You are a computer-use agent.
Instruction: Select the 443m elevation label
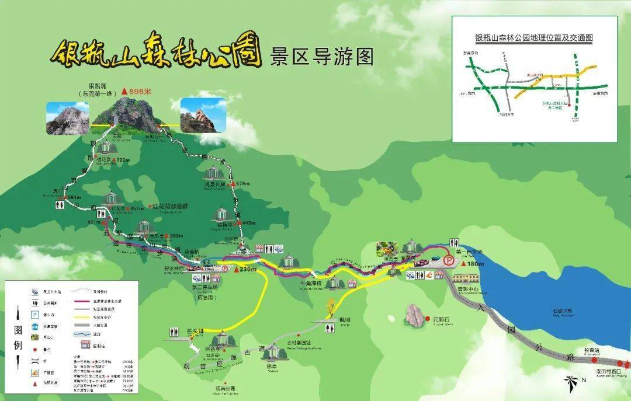tap(248, 223)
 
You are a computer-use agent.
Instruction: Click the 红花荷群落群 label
tap(171, 207)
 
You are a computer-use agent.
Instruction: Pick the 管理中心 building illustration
tap(466, 278)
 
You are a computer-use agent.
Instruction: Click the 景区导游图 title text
tap(321, 57)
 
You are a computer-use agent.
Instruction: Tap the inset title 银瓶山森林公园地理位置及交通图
tap(534, 37)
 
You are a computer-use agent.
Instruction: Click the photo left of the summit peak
tap(68, 118)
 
